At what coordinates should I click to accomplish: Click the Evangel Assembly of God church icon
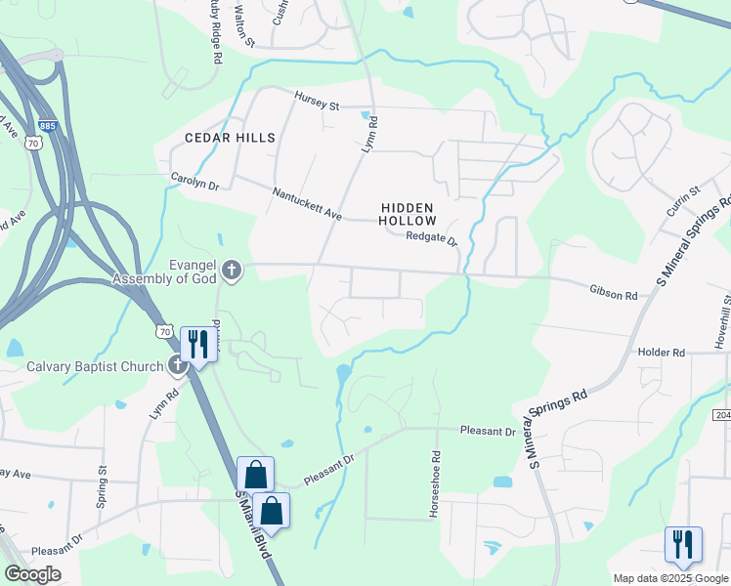[232, 270]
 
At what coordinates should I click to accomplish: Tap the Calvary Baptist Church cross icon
[177, 366]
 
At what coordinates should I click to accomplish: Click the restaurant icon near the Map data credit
[682, 544]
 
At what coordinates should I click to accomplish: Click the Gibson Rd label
[613, 293]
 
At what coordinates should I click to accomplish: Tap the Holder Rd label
[662, 353]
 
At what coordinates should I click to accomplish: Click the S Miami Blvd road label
[252, 523]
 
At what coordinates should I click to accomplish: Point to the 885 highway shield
[47, 126]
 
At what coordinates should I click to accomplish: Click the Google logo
[32, 574]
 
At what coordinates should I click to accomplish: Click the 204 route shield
[722, 388]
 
